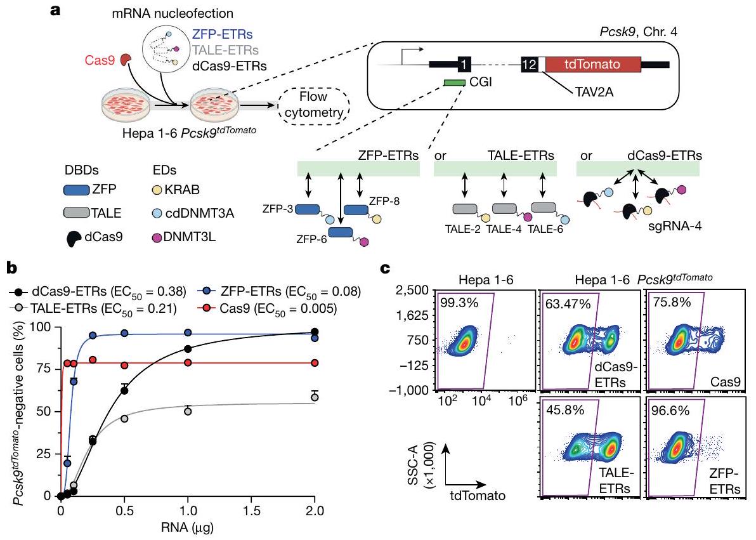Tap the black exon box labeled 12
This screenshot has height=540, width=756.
529,64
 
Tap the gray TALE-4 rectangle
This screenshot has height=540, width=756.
505,209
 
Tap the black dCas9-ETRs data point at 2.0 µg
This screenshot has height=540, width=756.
315,332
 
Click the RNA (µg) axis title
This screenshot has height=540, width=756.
188,525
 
